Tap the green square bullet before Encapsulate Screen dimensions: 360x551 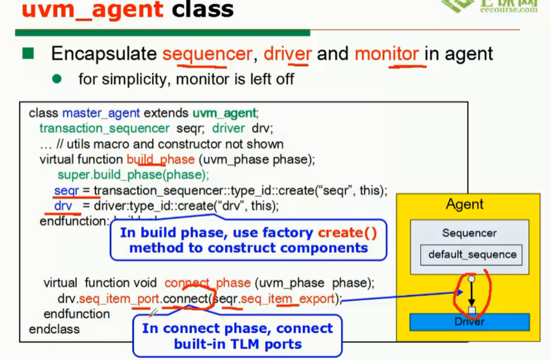[28, 53]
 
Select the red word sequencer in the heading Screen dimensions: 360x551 [208, 54]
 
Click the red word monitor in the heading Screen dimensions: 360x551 [387, 54]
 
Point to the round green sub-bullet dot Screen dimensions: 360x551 [56, 79]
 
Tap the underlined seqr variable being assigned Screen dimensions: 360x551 [67, 191]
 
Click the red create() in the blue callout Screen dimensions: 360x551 [347, 233]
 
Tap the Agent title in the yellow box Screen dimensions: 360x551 [464, 205]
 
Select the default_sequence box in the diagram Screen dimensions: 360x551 [472, 255]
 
